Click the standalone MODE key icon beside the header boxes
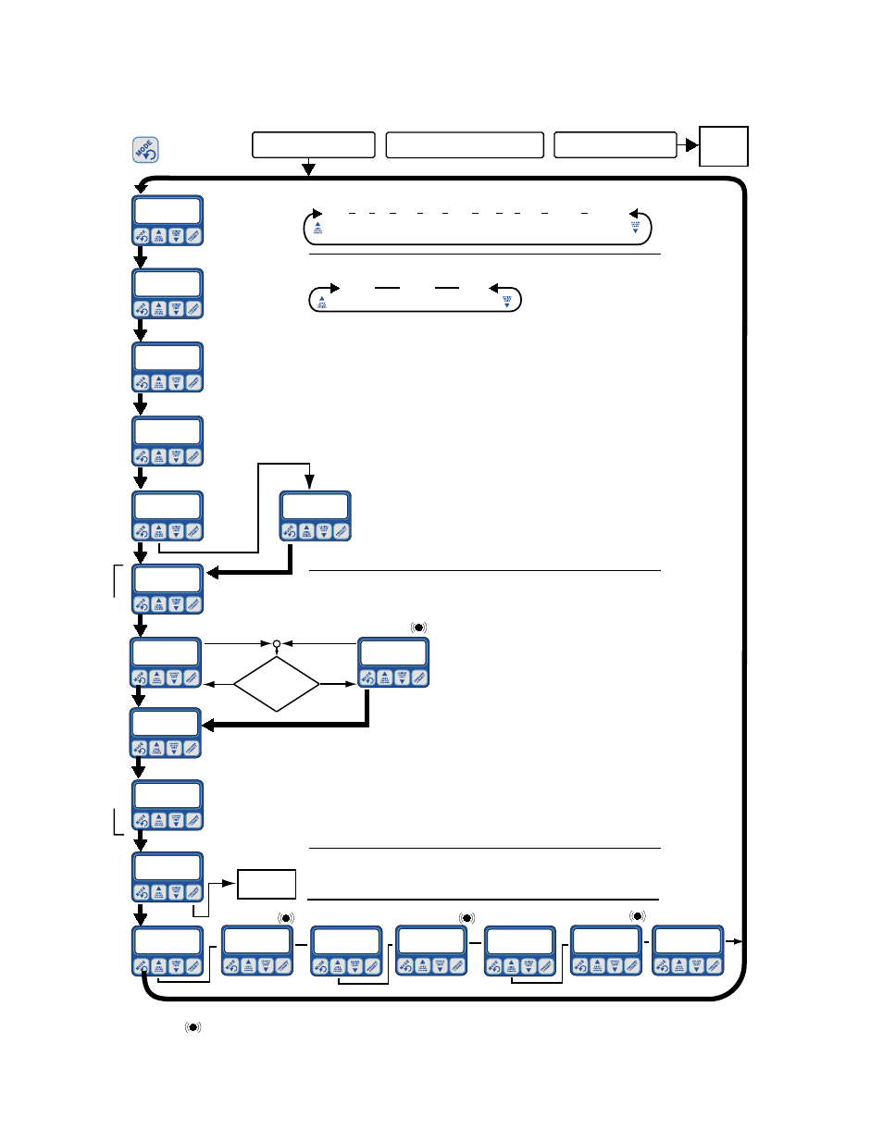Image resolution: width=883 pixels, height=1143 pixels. click(145, 150)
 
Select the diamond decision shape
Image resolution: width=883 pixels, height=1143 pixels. click(277, 684)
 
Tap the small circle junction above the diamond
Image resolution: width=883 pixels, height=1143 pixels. click(277, 643)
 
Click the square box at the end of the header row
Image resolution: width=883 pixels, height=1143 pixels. click(723, 146)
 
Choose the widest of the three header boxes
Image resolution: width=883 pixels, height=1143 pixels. click(464, 145)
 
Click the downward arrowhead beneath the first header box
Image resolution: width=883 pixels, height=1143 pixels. click(308, 169)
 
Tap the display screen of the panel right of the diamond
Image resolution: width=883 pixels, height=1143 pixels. click(393, 652)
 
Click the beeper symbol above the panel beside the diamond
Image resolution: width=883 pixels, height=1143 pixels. click(418, 627)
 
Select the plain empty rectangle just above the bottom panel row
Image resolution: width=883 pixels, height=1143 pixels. click(267, 884)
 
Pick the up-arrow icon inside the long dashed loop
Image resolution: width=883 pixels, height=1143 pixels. click(317, 227)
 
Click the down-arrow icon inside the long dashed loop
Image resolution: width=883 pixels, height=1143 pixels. click(635, 227)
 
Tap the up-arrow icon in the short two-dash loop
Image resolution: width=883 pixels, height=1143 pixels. click(321, 301)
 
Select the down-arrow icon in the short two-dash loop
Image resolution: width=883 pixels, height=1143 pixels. click(506, 301)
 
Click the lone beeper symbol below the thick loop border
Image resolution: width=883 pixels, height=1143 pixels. click(193, 1027)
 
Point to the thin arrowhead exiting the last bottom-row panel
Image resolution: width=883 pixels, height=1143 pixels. click(738, 941)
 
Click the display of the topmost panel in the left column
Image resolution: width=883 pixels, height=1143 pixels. click(168, 210)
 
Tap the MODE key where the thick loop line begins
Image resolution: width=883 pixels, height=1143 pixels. click(142, 966)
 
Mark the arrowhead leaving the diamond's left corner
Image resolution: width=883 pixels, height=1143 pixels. click(208, 684)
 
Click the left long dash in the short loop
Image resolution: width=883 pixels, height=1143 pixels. click(387, 289)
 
